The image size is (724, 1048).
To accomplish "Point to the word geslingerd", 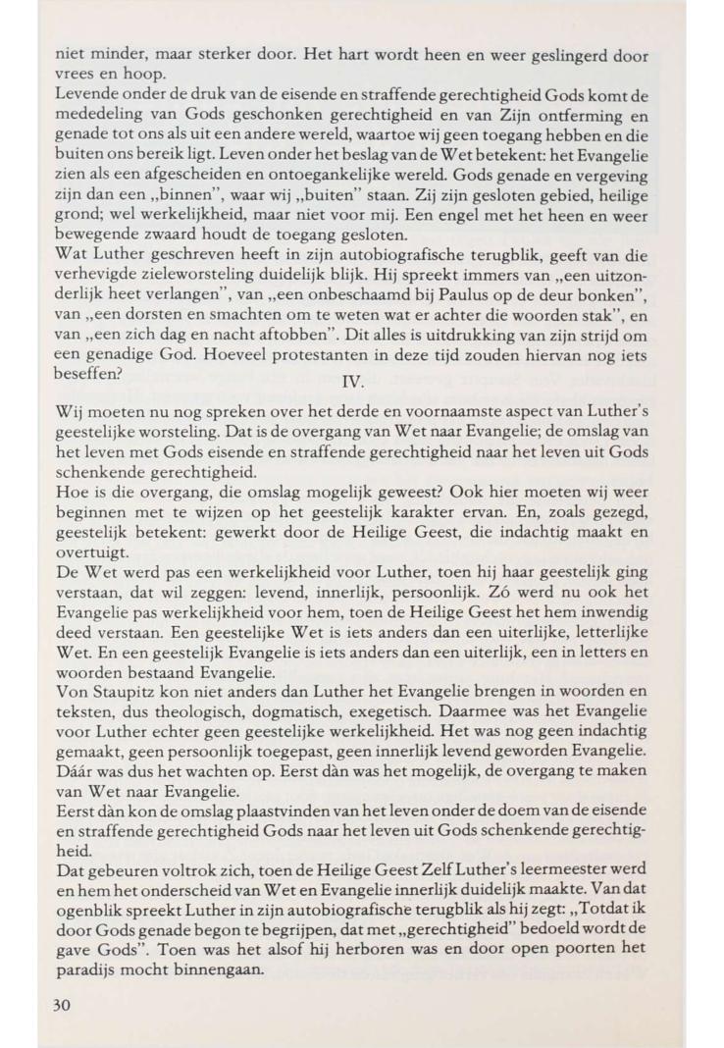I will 559,57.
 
